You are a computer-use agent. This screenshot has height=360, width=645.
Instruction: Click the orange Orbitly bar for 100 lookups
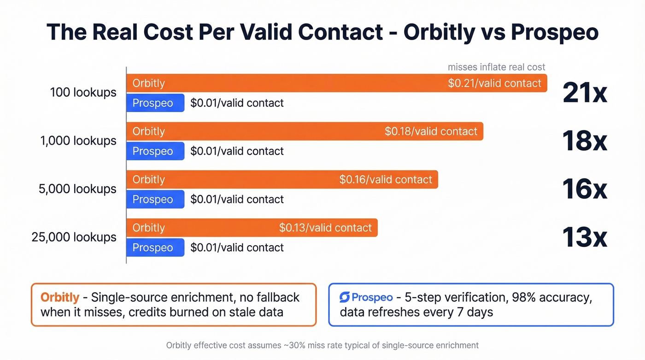[336, 83]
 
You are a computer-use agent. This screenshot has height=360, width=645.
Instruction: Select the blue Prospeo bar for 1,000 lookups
[155, 151]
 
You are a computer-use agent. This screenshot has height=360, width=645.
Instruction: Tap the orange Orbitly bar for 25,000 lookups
[252, 228]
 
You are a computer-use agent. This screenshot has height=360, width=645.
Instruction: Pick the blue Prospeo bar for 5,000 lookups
[155, 200]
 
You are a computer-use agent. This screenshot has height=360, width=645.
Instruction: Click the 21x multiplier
[585, 93]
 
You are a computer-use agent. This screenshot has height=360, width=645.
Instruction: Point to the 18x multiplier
[585, 141]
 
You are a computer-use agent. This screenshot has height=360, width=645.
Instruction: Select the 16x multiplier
[585, 189]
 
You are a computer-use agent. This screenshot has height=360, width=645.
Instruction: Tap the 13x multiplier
[585, 237]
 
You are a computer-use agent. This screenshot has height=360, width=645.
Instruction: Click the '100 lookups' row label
[83, 93]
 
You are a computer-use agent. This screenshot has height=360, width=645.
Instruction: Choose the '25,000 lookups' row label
[74, 237]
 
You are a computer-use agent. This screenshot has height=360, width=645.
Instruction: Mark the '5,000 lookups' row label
[78, 189]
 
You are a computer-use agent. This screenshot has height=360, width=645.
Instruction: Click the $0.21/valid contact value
[494, 83]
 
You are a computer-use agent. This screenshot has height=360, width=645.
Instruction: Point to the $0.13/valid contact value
[325, 228]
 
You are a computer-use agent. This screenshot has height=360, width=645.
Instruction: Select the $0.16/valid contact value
[386, 179]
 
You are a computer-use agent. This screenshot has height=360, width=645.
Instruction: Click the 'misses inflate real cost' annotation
[496, 67]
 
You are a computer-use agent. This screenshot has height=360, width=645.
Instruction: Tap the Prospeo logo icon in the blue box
[345, 297]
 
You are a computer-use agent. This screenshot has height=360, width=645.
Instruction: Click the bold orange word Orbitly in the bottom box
[60, 297]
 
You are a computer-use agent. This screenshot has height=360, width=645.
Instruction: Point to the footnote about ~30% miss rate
[322, 345]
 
